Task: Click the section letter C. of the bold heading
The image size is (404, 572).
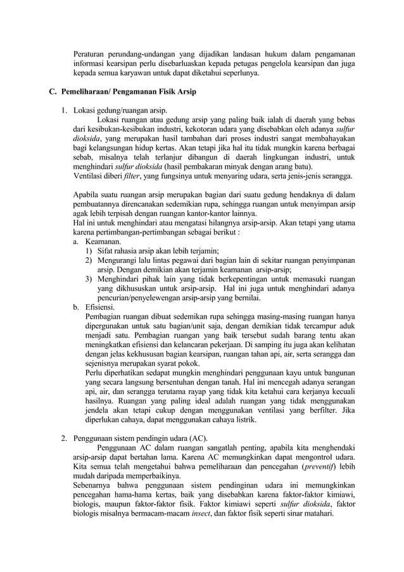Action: coord(53,92)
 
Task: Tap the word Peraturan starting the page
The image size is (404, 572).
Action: coord(89,53)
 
